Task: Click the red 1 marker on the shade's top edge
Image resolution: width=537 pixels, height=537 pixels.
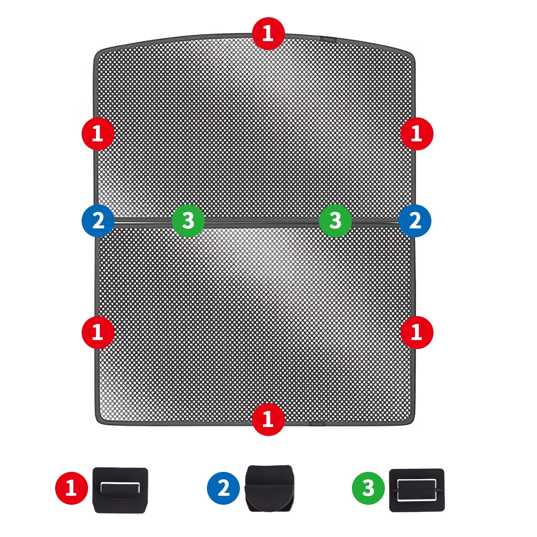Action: pos(268,33)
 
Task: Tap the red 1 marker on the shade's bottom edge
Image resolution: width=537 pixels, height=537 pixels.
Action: pos(268,419)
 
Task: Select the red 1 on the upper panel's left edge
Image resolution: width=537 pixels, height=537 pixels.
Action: pos(98,134)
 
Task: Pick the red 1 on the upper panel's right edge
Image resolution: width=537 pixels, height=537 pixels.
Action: pos(417,134)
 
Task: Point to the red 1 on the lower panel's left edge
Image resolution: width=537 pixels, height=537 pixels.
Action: pos(98,332)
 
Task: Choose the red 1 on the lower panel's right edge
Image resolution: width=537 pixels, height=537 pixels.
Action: pos(417,332)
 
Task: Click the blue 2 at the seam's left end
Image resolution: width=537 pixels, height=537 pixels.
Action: pos(98,221)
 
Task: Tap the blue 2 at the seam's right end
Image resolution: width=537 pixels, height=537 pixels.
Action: pos(415,221)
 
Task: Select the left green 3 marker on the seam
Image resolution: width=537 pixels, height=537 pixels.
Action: pos(188,221)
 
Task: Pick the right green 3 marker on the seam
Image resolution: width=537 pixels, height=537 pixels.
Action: pos(335,221)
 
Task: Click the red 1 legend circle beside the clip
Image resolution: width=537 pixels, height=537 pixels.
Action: pos(72,488)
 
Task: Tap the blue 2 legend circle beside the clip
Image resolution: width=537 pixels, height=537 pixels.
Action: pos(223,488)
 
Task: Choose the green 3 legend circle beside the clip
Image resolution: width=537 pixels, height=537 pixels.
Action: pos(368,488)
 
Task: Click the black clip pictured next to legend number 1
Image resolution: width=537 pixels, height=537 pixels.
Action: pos(120,490)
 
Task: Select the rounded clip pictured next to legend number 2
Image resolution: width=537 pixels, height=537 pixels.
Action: pos(269,488)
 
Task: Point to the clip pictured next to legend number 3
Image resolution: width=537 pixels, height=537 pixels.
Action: pos(417,490)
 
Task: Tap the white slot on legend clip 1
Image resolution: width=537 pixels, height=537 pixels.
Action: pos(120,488)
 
